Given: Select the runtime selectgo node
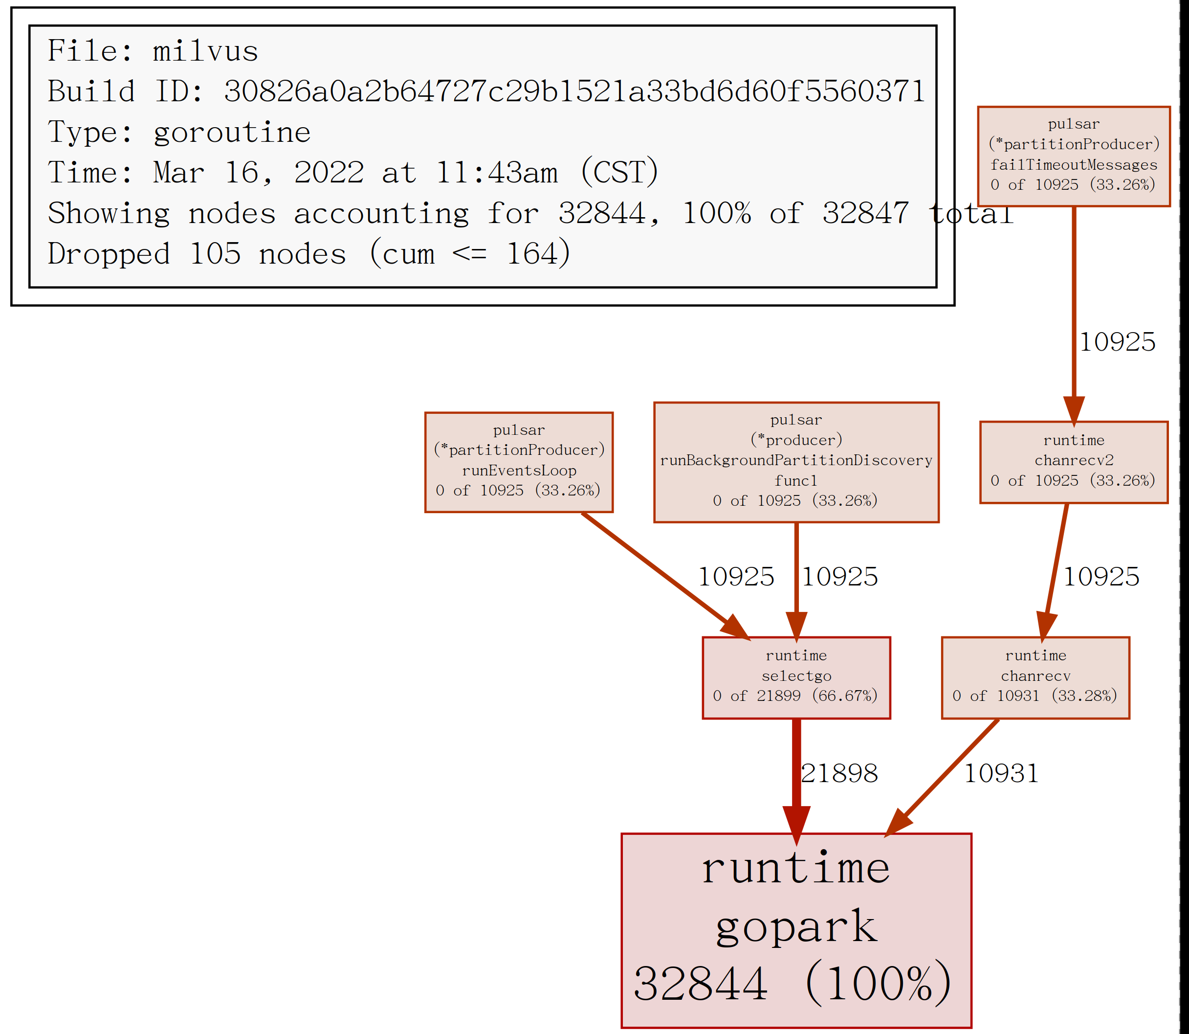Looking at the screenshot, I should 796,677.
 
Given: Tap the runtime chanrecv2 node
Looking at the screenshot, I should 1073,462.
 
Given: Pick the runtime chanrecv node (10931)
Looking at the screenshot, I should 1035,677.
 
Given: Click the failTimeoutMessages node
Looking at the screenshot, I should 1073,156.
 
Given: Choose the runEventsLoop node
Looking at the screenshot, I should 518,462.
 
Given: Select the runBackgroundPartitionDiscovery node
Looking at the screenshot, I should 796,462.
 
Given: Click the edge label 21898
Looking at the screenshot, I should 839,774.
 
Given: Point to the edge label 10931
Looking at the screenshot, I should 1001,774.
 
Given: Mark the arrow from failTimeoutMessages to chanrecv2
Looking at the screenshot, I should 1073,312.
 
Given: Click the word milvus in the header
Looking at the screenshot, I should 205,51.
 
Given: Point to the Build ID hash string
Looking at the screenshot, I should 574,92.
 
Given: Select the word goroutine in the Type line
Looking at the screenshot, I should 232,133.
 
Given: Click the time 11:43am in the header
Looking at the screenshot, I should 496,173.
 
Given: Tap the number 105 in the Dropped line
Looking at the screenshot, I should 215,254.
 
